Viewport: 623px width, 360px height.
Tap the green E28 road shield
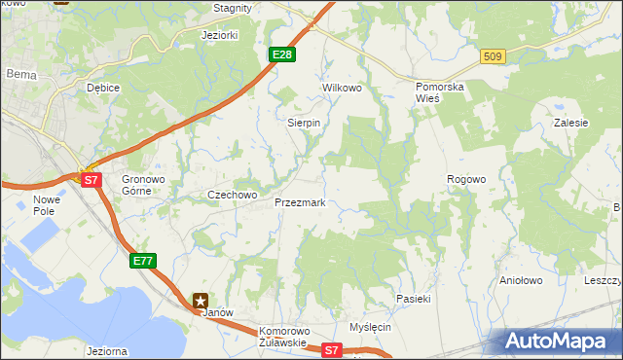point(282,54)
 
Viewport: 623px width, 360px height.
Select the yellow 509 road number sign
point(492,57)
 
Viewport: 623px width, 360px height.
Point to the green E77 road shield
point(142,260)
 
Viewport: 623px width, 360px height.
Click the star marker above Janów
point(201,301)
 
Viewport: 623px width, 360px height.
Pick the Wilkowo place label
point(342,88)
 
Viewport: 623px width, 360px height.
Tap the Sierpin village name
point(304,124)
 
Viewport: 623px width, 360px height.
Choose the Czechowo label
point(232,195)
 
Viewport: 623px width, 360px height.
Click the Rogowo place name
point(465,179)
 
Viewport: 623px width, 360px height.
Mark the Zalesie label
point(570,124)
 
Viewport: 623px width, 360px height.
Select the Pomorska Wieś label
point(440,92)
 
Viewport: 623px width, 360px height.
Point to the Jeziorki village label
point(219,35)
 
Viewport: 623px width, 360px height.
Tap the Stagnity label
point(233,8)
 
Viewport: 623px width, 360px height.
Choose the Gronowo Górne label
point(143,185)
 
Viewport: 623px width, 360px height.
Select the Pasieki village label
point(413,299)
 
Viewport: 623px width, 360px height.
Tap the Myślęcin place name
point(370,327)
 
